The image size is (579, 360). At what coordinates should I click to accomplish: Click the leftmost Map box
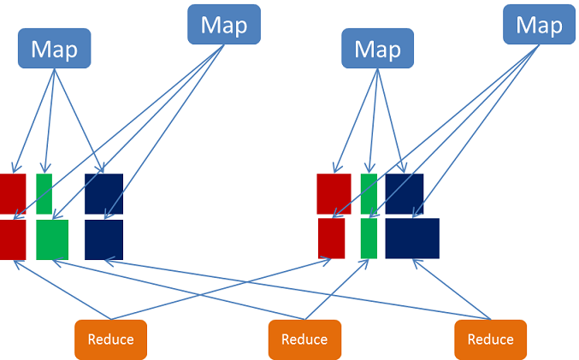(54, 49)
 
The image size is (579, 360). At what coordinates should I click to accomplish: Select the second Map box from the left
(223, 25)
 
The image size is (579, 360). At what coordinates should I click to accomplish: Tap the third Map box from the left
(377, 49)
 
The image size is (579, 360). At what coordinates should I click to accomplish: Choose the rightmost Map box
(539, 25)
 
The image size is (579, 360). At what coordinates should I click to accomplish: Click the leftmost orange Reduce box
(110, 339)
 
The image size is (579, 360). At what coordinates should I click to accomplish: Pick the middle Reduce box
(304, 339)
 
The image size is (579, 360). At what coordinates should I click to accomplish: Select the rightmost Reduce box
(490, 339)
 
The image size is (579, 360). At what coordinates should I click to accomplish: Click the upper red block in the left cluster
(12, 193)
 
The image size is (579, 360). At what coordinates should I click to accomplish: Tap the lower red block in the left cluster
(12, 239)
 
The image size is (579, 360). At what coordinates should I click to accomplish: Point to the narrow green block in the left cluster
(44, 193)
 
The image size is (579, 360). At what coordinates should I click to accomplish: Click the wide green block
(52, 239)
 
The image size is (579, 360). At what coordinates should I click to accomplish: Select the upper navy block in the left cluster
(103, 193)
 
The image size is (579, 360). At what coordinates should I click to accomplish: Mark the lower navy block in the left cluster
(103, 239)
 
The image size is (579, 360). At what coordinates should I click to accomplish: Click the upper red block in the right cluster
(334, 193)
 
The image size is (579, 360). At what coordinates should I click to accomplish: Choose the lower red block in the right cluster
(332, 238)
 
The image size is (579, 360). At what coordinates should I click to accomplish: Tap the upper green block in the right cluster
(369, 193)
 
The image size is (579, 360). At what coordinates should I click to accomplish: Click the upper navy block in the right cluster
(404, 193)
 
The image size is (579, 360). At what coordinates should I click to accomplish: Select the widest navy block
(412, 238)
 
